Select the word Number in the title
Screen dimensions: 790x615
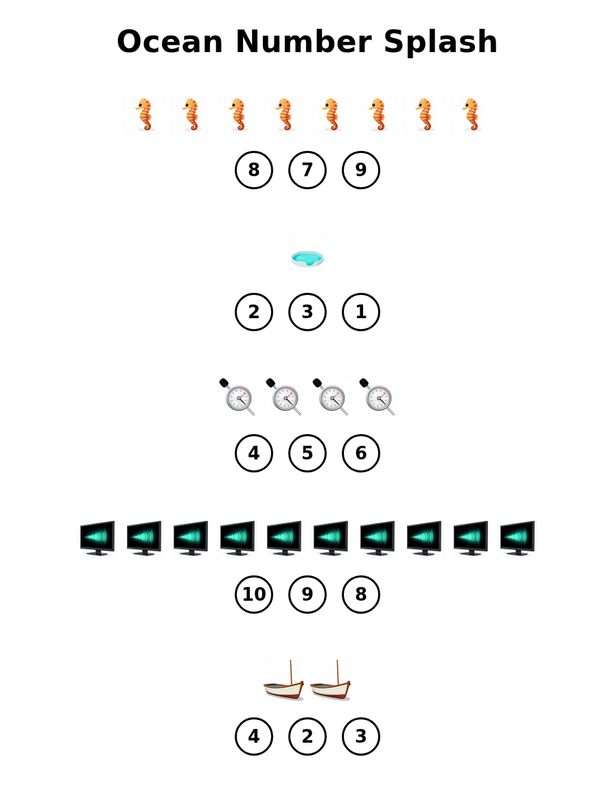pyautogui.click(x=307, y=43)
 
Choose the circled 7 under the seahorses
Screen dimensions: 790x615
pyautogui.click(x=307, y=170)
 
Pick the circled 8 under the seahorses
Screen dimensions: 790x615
pyautogui.click(x=254, y=170)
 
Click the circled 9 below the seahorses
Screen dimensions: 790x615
pyautogui.click(x=361, y=170)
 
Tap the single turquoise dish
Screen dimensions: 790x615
pyautogui.click(x=307, y=258)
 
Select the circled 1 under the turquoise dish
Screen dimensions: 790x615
pyautogui.click(x=361, y=312)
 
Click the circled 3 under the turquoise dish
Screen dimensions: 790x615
pyautogui.click(x=307, y=312)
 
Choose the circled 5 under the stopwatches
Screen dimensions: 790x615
pyautogui.click(x=307, y=453)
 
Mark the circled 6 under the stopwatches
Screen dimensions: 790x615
pyautogui.click(x=361, y=453)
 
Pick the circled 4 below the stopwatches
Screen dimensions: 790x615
pyautogui.click(x=254, y=453)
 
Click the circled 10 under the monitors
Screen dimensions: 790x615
pyautogui.click(x=254, y=595)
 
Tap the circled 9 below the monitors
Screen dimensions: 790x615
pyautogui.click(x=307, y=595)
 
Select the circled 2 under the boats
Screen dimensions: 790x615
pyautogui.click(x=307, y=737)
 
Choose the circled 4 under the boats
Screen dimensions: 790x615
pyautogui.click(x=254, y=737)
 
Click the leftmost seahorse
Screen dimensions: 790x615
pyautogui.click(x=144, y=114)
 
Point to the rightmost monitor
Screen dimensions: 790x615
pyautogui.click(x=518, y=538)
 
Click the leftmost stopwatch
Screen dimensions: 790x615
pyautogui.click(x=237, y=396)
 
